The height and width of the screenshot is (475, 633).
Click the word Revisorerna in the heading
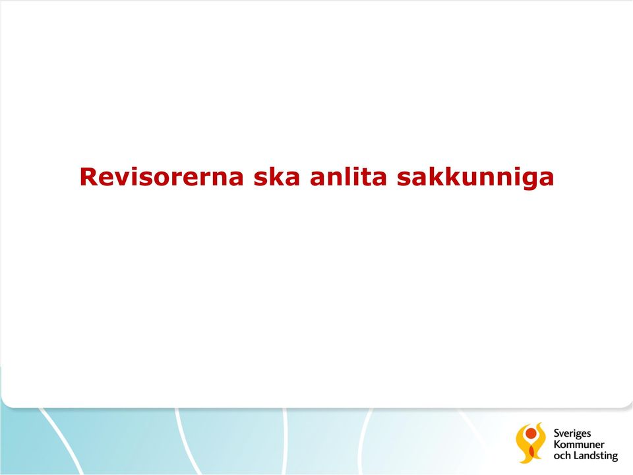162,177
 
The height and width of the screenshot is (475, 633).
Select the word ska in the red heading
276,176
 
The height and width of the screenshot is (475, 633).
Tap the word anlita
348,176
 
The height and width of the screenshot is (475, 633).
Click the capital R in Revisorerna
88,177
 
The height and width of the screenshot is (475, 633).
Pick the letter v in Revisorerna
123,179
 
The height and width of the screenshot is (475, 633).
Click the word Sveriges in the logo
572,434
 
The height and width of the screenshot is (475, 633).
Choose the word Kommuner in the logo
579,444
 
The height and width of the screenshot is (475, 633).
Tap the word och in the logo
562,456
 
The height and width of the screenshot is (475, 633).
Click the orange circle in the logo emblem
531,434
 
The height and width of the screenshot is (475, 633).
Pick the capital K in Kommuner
557,444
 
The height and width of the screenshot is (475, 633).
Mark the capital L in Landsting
576,456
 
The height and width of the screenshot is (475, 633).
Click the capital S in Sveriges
557,433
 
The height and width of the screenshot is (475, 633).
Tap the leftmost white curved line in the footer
61,441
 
